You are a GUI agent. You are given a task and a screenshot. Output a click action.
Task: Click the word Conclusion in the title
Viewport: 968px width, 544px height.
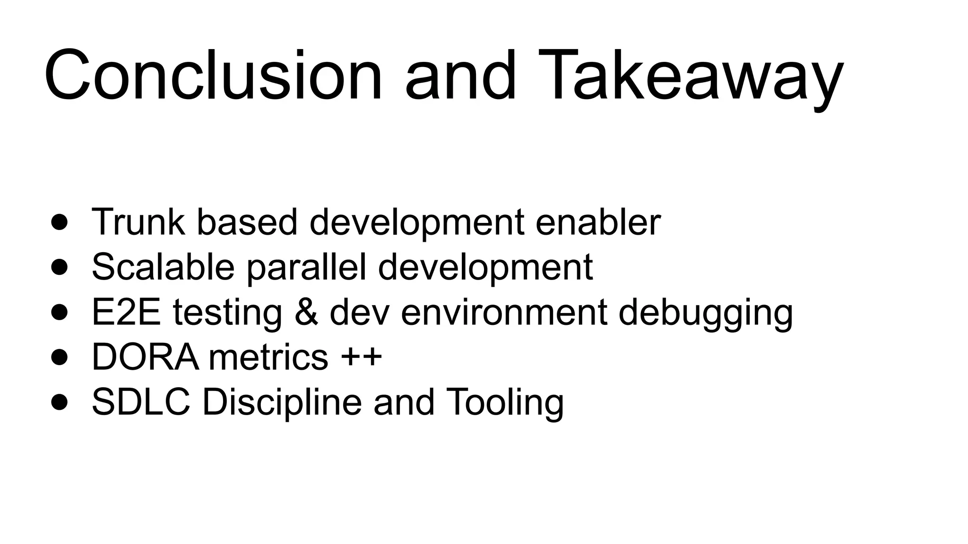point(213,76)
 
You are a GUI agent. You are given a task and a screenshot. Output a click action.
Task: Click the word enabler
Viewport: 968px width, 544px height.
point(598,221)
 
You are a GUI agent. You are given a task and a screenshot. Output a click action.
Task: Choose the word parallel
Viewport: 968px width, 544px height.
point(306,267)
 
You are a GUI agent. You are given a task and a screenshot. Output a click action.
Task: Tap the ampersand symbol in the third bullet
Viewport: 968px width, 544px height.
point(306,312)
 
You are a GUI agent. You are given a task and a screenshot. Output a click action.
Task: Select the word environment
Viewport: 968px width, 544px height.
point(504,312)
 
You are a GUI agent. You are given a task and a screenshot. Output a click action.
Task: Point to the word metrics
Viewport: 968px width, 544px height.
point(268,357)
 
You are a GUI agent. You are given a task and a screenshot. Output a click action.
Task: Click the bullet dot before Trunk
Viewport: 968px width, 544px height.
point(60,222)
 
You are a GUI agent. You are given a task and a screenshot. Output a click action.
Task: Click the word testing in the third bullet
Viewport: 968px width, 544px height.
point(227,312)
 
